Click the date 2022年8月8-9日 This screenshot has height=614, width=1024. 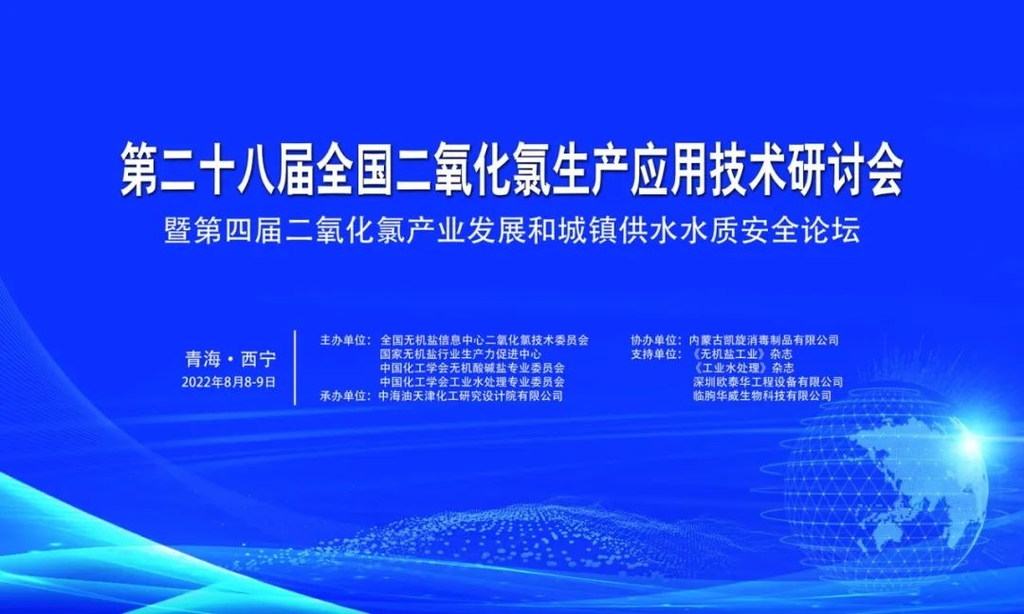pyautogui.click(x=229, y=382)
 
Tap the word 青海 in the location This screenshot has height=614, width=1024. pyautogui.click(x=203, y=359)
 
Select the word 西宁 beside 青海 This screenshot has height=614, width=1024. pyautogui.click(x=259, y=359)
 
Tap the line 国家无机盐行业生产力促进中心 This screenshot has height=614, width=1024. pyautogui.click(x=461, y=354)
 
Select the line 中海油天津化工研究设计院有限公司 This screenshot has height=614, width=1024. pyautogui.click(x=471, y=395)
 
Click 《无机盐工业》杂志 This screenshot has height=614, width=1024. pyautogui.click(x=741, y=354)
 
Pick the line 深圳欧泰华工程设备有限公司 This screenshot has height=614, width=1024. pyautogui.click(x=768, y=382)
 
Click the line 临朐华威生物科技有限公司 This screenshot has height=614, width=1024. pyautogui.click(x=762, y=395)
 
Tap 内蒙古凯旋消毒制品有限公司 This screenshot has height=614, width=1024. pyautogui.click(x=764, y=340)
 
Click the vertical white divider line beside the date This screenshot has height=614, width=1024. pyautogui.click(x=295, y=368)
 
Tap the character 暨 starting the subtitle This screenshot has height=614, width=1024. pyautogui.click(x=177, y=231)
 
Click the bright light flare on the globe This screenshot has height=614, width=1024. pyautogui.click(x=970, y=445)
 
